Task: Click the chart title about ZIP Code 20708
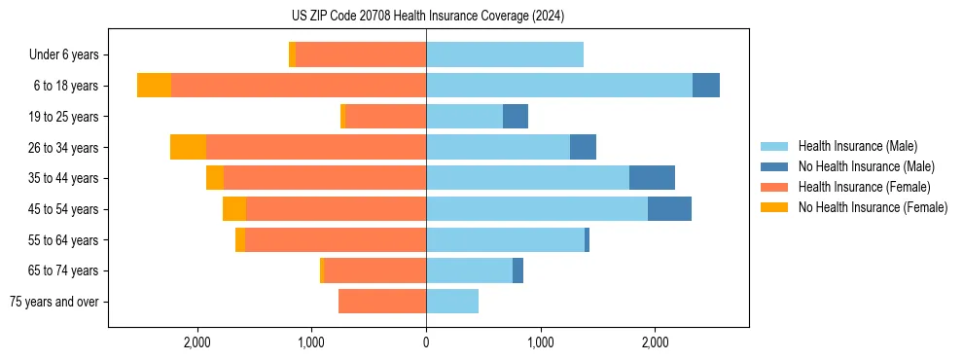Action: (427, 16)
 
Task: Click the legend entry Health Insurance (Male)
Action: (857, 146)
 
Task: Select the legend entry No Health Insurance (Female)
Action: (873, 207)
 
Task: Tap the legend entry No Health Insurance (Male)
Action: (866, 166)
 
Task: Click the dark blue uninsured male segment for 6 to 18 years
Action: (706, 86)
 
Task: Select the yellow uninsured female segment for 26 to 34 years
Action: (188, 147)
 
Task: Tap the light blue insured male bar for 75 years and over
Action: (452, 302)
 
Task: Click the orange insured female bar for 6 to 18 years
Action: (299, 86)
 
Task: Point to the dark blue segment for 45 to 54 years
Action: (669, 209)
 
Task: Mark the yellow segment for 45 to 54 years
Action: (234, 209)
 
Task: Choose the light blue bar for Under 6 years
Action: (505, 54)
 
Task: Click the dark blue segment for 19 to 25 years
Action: (516, 117)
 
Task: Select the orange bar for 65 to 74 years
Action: (374, 270)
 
